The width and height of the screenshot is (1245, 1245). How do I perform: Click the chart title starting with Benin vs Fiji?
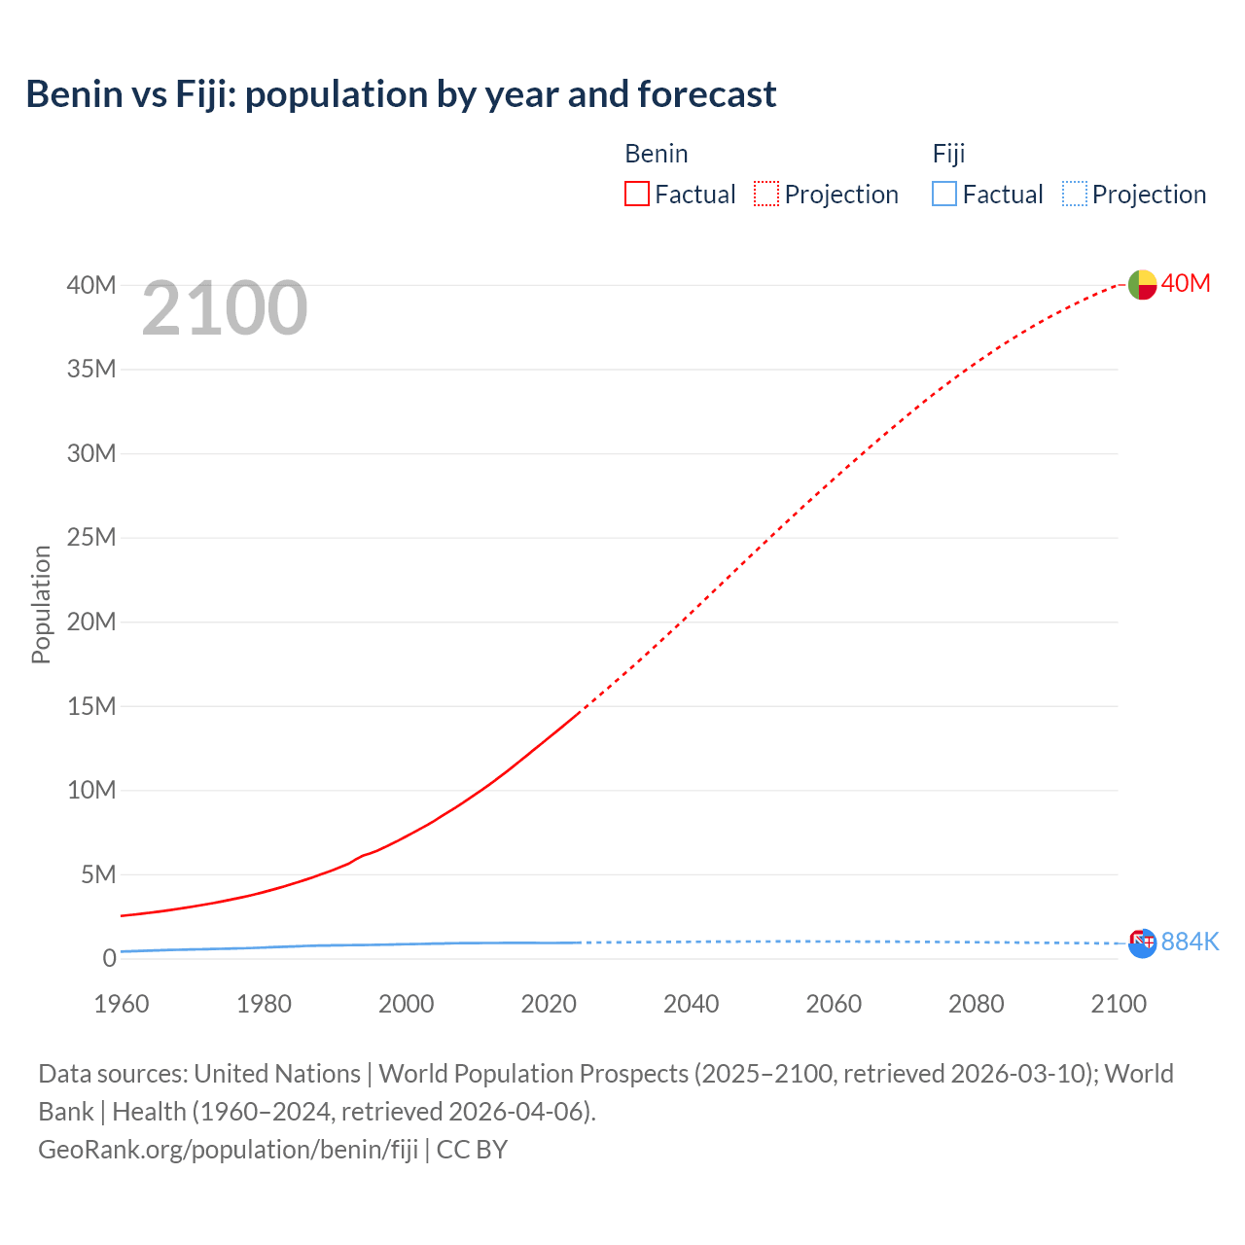(401, 94)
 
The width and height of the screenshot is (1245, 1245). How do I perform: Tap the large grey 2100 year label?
(225, 308)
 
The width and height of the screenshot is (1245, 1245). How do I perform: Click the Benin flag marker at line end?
(1142, 284)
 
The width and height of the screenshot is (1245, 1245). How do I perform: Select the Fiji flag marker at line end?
(1142, 943)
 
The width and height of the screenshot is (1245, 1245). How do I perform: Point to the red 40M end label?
(1186, 283)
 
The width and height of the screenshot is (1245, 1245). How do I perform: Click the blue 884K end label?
(1190, 942)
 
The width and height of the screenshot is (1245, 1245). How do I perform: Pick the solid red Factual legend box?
(636, 194)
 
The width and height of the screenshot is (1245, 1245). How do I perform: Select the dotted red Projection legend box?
(766, 194)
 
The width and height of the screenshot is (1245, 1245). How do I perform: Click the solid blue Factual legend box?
(944, 194)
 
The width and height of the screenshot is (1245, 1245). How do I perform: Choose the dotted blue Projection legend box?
(1074, 194)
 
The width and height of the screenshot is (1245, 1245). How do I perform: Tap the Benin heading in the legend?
(656, 154)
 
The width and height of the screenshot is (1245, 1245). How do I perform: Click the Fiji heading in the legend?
(948, 154)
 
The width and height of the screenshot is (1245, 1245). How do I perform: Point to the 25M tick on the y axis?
(91, 537)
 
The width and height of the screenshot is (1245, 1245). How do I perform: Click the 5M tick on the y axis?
(97, 874)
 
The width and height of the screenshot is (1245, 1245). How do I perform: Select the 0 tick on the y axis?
(109, 958)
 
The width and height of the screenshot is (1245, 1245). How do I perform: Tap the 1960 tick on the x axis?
(122, 1004)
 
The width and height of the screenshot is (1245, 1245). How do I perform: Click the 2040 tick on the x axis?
(691, 1004)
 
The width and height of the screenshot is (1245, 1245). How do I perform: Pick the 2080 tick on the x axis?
(976, 1004)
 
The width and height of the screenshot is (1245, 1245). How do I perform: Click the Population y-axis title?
(41, 604)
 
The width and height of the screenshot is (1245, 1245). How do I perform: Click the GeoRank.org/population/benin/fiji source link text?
(228, 1149)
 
